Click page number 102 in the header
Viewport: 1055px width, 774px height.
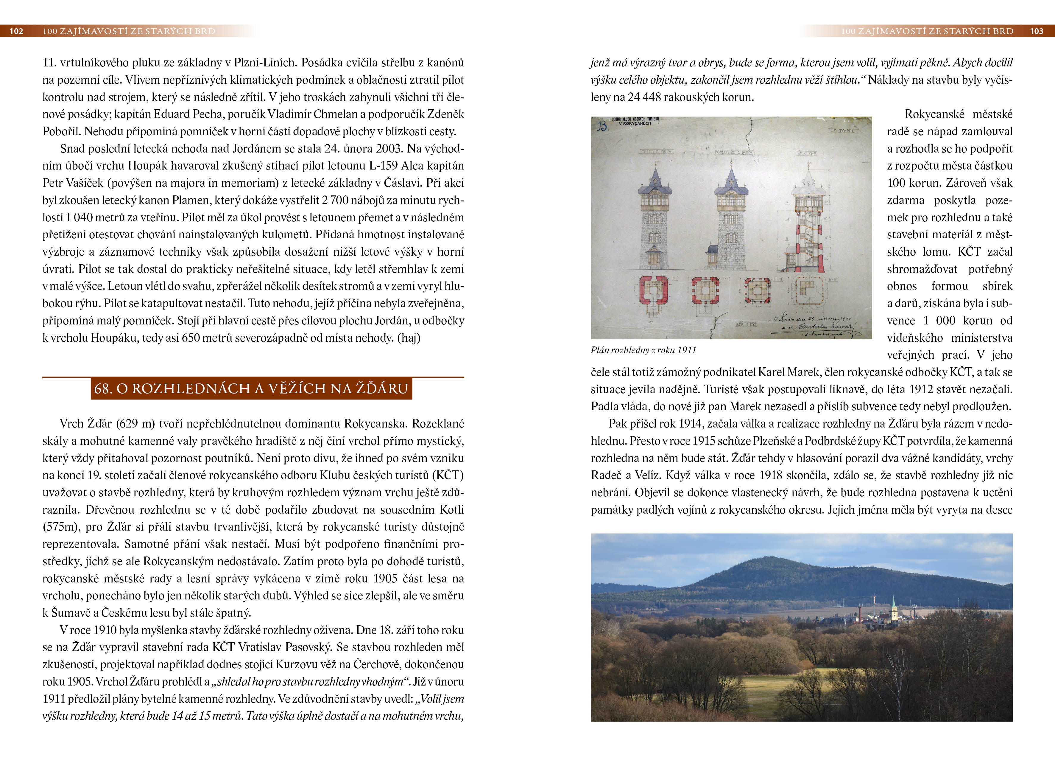coord(16,31)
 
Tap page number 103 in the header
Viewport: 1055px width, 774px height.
coord(1036,31)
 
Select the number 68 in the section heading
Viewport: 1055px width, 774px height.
coord(102,388)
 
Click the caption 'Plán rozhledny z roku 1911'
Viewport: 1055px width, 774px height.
coord(643,350)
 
